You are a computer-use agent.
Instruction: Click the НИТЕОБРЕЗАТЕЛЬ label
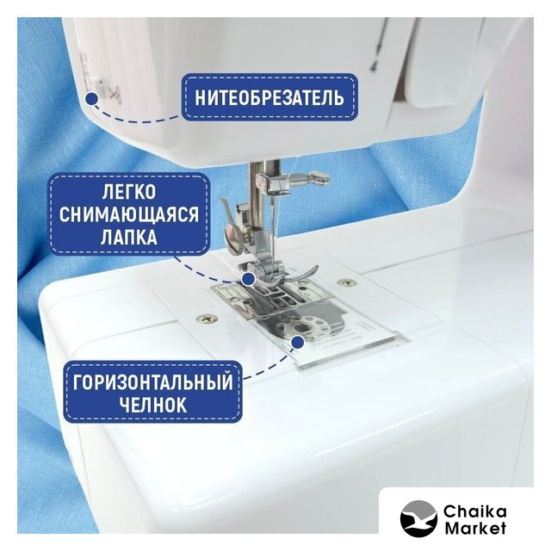click(x=269, y=97)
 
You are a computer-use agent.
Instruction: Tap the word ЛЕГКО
click(x=129, y=192)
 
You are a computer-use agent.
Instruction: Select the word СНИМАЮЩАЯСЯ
click(x=129, y=214)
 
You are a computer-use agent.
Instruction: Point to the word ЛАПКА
click(x=129, y=237)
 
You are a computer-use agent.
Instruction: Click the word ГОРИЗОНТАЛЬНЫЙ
click(x=153, y=382)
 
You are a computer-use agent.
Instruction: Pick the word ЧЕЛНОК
click(x=153, y=405)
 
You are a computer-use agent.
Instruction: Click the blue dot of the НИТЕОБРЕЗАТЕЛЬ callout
click(x=92, y=98)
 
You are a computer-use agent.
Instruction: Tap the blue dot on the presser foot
click(x=249, y=279)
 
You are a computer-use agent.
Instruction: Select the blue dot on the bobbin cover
click(x=298, y=342)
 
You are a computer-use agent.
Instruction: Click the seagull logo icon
click(x=418, y=518)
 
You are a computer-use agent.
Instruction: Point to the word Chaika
click(x=474, y=511)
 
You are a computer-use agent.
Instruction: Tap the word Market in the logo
click(x=474, y=528)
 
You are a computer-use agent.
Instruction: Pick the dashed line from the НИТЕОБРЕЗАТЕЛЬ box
click(x=135, y=118)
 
